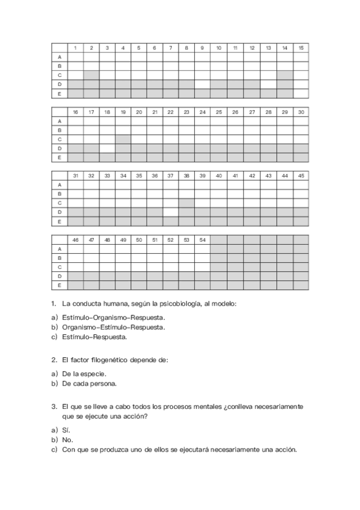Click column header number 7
[171, 48]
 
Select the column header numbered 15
[301, 48]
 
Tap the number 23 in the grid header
[186, 112]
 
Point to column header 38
[186, 176]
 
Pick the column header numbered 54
[203, 239]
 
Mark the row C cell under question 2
[91, 75]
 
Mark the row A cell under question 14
[284, 57]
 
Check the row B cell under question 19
[123, 130]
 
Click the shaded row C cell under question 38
[186, 203]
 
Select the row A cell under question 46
[76, 248]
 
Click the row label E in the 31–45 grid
[59, 221]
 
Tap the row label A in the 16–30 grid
[59, 121]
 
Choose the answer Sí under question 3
[66, 430]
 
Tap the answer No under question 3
[67, 440]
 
